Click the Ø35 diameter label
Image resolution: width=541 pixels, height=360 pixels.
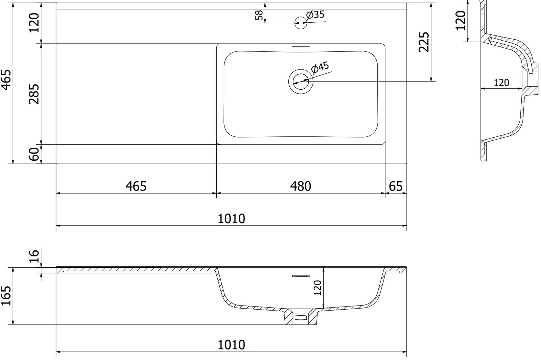(x=315, y=15)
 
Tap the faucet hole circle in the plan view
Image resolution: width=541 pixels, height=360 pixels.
(x=301, y=23)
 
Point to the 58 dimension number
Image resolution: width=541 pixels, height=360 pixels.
(x=259, y=15)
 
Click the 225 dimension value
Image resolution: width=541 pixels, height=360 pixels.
(x=424, y=42)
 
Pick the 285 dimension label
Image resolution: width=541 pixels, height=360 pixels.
(x=34, y=94)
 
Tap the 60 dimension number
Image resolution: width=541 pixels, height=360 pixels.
(x=34, y=154)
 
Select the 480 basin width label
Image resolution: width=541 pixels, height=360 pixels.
(x=301, y=186)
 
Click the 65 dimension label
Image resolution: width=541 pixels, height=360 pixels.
(x=396, y=186)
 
